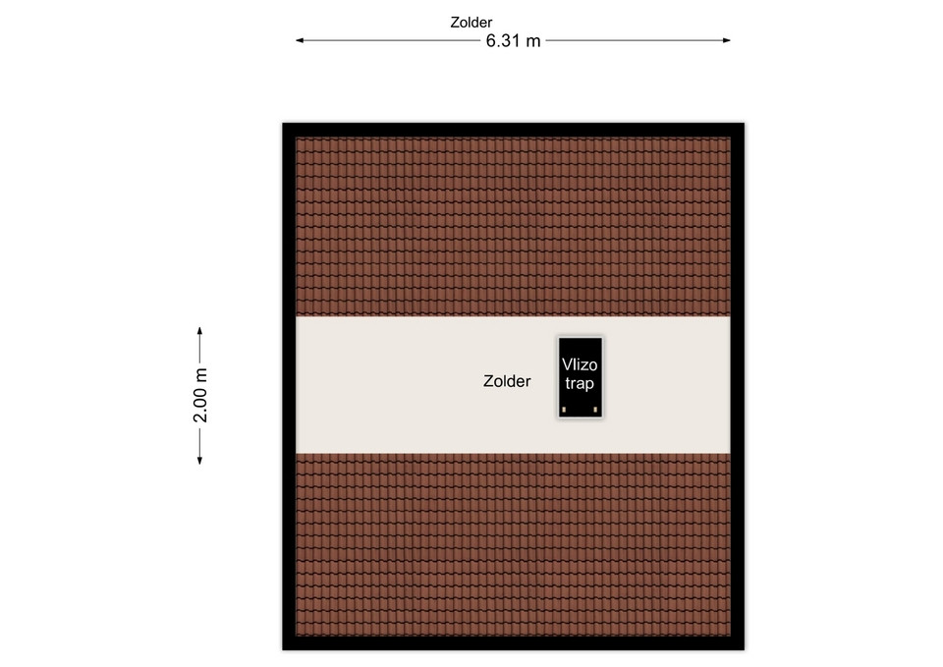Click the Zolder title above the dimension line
(x=471, y=23)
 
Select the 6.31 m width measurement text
(x=513, y=41)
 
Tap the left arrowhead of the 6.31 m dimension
(x=300, y=40)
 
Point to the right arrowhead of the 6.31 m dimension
(x=727, y=40)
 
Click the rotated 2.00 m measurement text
(x=200, y=395)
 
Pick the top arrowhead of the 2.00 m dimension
(x=199, y=331)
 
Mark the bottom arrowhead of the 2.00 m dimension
(x=199, y=460)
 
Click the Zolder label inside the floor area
(x=507, y=381)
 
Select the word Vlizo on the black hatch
(x=580, y=364)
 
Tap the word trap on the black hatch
(x=580, y=384)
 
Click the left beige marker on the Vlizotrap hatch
(x=564, y=410)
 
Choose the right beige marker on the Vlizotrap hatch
(x=595, y=410)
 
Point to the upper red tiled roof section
(x=513, y=227)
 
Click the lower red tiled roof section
(x=513, y=544)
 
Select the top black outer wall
(x=513, y=130)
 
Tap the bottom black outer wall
(x=513, y=643)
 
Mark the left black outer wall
(x=289, y=386)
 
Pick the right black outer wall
(x=738, y=386)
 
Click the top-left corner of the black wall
(x=283, y=124)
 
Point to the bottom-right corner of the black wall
(x=744, y=649)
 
